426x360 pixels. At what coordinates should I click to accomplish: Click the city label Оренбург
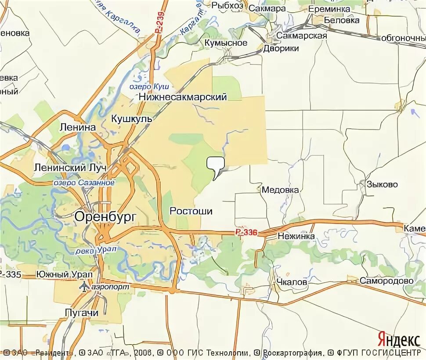click(x=105, y=216)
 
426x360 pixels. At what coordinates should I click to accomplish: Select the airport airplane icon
click(x=84, y=286)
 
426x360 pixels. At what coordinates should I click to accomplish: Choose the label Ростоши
click(x=191, y=211)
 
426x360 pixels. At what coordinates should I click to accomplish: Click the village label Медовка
click(x=280, y=190)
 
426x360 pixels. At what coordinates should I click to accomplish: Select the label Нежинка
click(x=296, y=236)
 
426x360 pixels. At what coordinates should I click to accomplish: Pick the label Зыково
click(x=383, y=184)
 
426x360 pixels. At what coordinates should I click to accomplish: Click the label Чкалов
click(x=292, y=282)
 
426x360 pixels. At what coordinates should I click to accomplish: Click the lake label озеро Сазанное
click(x=84, y=183)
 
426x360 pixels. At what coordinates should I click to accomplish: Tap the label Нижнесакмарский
click(x=183, y=97)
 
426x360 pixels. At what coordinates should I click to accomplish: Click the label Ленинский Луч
click(x=65, y=168)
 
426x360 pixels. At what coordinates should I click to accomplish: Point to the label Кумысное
click(x=226, y=43)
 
